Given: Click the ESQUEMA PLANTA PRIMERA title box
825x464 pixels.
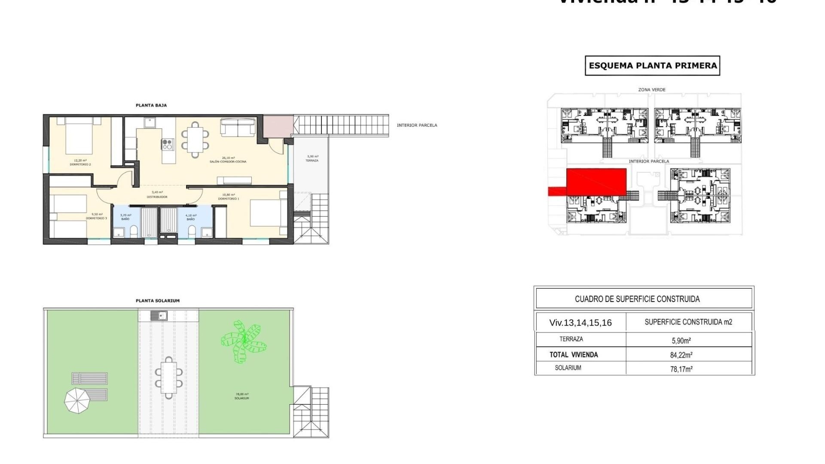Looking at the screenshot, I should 652,66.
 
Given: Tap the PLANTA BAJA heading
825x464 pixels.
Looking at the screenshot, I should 151,105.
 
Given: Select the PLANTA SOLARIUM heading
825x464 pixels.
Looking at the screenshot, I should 158,301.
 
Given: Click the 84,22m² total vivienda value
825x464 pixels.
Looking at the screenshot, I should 681,355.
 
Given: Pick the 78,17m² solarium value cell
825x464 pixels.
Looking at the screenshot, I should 681,369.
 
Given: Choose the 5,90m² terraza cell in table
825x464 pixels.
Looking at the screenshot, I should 681,341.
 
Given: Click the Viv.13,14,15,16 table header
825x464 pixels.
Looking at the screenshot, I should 581,323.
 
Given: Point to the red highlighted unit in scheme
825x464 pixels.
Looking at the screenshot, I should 596,182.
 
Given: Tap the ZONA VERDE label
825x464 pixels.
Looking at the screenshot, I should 652,90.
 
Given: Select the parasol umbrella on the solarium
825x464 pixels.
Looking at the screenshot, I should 78,400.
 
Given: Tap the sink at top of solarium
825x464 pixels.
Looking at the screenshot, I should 159,316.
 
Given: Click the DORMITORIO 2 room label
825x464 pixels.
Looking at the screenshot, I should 80,164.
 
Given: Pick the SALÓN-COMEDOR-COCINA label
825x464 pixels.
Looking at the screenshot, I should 228,162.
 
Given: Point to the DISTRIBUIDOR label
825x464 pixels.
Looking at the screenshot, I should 157,197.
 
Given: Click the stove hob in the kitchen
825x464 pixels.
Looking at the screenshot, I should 168,144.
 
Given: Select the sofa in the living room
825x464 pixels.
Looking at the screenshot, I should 238,127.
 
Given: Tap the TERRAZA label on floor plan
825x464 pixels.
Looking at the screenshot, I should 312,161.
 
